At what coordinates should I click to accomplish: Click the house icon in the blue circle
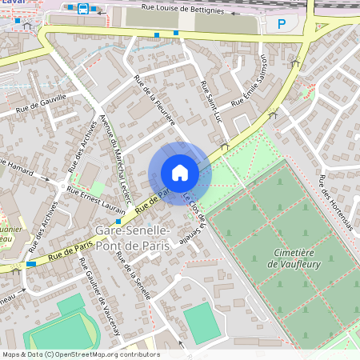pyautogui.click(x=180, y=173)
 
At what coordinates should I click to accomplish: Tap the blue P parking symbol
pyautogui.click(x=281, y=24)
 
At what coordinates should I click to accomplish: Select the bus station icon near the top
pyautogui.click(x=82, y=9)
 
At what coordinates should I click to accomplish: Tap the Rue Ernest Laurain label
pyautogui.click(x=94, y=196)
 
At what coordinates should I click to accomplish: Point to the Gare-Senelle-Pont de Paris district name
pyautogui.click(x=132, y=238)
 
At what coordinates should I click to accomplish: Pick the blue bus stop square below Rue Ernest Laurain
pyautogui.click(x=119, y=221)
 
